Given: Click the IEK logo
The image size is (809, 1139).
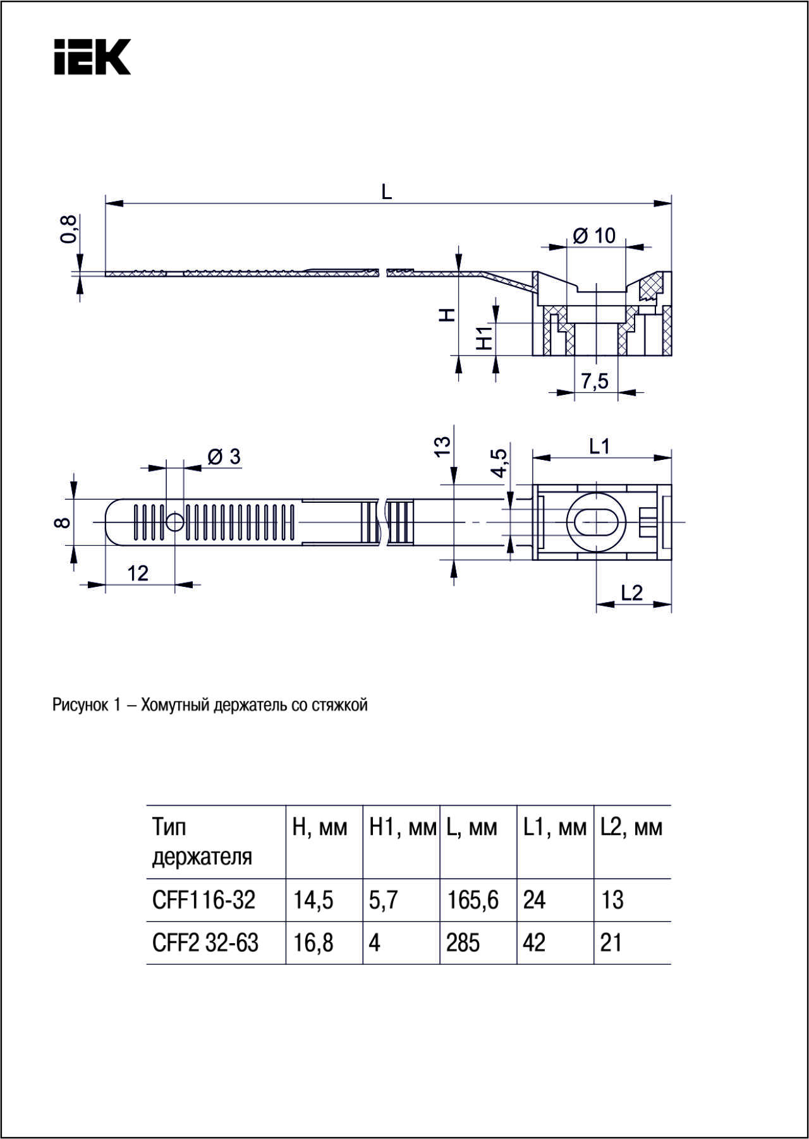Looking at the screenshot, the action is coord(92,57).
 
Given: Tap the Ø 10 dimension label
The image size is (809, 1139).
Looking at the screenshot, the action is coord(594,236).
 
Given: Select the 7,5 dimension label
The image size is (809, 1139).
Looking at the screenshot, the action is coord(595,381).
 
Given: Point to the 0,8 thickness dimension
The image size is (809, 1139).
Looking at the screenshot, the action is coord(69,229).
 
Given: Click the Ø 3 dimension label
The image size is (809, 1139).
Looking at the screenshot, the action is coord(224,457).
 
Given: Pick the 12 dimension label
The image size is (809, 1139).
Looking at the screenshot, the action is coord(138,573).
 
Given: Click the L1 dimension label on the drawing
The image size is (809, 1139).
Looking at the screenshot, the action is coord(599,447).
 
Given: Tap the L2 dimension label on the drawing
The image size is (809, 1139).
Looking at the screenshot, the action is coord(631,593).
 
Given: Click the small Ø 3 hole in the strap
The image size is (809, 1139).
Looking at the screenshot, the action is coord(175,522).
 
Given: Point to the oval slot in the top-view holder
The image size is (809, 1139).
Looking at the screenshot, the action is coord(595,522).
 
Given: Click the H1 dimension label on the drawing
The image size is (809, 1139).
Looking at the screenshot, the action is coord(484,339).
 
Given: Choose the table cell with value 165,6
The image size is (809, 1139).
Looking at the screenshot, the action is coord(473,900).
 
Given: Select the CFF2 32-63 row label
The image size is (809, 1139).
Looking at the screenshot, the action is coord(205,943).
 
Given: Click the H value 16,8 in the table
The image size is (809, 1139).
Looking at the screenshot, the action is coord(313,943).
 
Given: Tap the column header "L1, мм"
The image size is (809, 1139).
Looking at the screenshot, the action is coord(555,828).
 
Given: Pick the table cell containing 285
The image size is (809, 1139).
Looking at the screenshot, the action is coord(463,943).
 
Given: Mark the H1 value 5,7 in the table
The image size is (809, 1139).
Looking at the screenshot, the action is coord(384,900).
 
